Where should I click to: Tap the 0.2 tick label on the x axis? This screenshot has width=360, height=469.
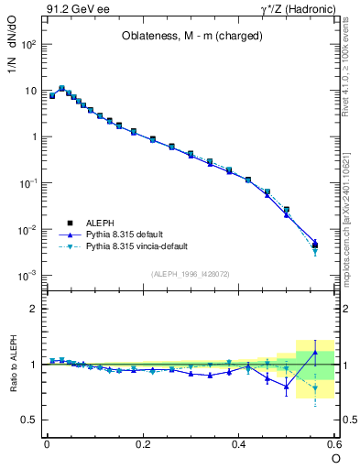pos(142,442)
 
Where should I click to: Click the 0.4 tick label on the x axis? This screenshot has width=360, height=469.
pos(238,442)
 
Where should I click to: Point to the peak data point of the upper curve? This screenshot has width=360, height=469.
pos(61,88)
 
